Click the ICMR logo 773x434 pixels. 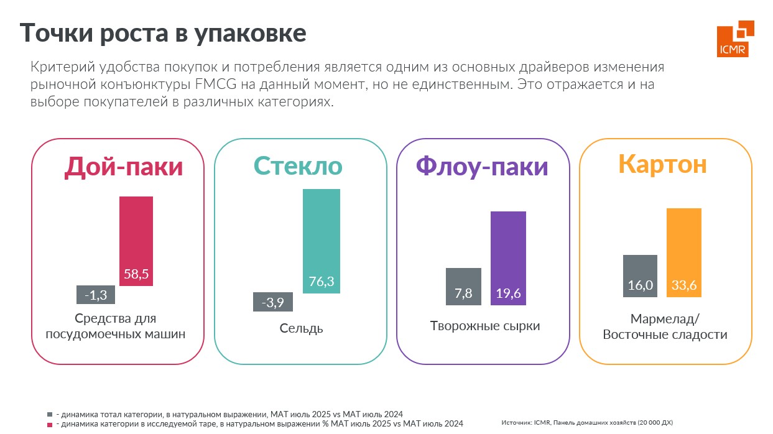coord(735,38)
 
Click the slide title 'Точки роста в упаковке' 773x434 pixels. coord(163,33)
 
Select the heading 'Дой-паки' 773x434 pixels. coord(124,167)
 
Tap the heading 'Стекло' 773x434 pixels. coord(298,166)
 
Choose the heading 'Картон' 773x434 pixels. coord(662,164)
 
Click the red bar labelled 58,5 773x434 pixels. coord(136,241)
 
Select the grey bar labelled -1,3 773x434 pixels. coord(95,295)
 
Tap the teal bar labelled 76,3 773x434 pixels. coord(322,241)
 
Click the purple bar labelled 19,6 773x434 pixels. coord(508,258)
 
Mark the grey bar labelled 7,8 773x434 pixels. coord(463,287)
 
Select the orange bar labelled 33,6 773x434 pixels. coord(684,252)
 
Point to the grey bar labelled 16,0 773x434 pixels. coord(640,276)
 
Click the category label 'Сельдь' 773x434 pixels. coord(301,328)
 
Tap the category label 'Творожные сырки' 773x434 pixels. coord(485,326)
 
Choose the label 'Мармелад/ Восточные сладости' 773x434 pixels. coord(665,327)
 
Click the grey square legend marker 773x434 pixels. coord(50,414)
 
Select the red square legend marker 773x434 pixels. coord(50,423)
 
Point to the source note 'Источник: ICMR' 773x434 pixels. coord(586,422)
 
